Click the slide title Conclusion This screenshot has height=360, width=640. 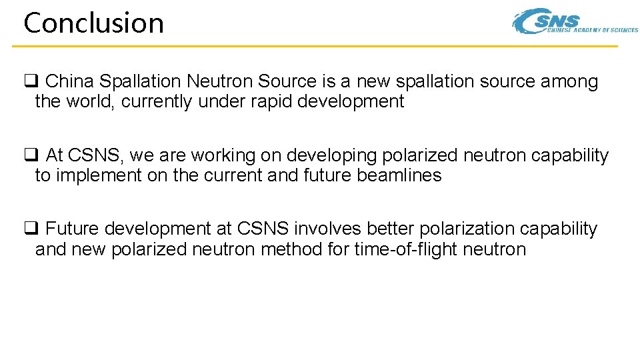93,23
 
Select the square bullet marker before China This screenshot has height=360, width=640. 30,81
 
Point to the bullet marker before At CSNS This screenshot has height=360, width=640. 30,155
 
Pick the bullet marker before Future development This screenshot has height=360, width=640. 30,229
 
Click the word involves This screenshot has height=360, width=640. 321,229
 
